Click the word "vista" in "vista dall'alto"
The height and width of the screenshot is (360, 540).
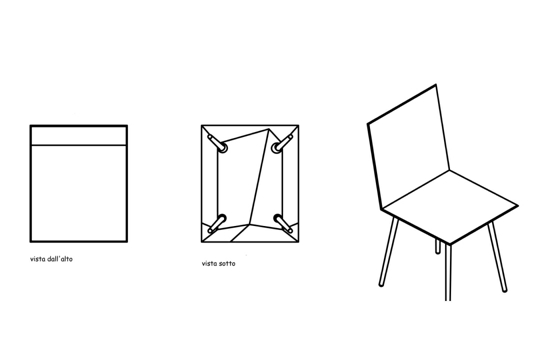click(38, 259)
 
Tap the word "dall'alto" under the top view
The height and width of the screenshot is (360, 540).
click(60, 259)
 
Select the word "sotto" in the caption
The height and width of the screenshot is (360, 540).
click(227, 264)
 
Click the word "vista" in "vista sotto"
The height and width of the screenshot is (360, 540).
click(209, 264)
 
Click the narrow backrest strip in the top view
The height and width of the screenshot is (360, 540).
click(79, 135)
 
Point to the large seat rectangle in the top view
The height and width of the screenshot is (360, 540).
click(79, 193)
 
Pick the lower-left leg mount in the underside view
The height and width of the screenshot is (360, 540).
click(217, 223)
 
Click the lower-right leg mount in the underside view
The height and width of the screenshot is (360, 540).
click(283, 223)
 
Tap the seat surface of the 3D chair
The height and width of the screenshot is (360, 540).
click(450, 207)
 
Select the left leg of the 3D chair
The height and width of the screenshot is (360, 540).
click(389, 251)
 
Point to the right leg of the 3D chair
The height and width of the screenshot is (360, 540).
click(497, 257)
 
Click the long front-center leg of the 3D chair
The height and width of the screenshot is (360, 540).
click(448, 272)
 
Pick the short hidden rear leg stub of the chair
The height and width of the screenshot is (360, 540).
click(438, 246)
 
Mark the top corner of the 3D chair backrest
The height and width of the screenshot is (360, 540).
click(436, 84)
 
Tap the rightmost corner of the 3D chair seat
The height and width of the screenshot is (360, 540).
click(518, 206)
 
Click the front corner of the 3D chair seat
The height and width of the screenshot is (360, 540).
click(450, 245)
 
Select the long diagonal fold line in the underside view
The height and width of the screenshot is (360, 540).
click(259, 176)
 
